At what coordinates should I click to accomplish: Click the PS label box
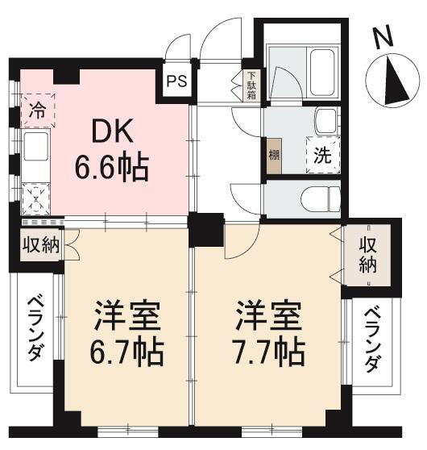click(178, 81)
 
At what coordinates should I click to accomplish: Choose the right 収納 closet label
click(367, 256)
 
